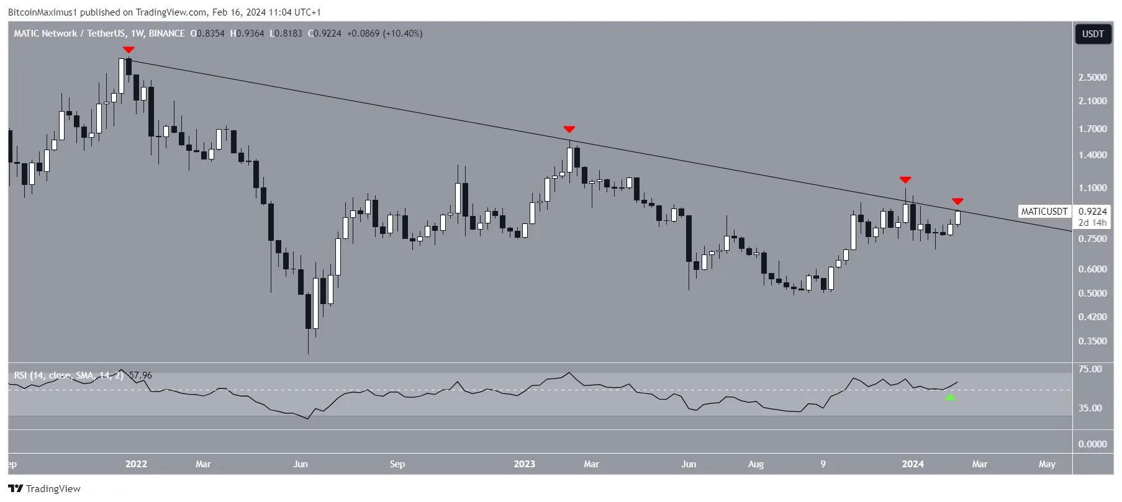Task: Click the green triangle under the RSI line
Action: tap(950, 397)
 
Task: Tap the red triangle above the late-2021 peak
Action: tap(129, 50)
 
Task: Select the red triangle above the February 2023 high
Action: tap(569, 129)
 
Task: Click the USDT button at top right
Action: tap(1093, 34)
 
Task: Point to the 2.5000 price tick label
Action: tap(1092, 78)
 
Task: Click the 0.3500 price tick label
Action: tap(1092, 341)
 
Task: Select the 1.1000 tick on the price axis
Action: tap(1092, 188)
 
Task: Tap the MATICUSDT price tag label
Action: tap(1044, 212)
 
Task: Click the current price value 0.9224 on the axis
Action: tap(1092, 212)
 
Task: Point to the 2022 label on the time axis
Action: tap(136, 464)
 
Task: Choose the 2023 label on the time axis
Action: tap(524, 464)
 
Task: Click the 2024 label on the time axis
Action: tap(913, 464)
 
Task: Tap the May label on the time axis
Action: tap(1047, 464)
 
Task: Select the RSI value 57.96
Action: tap(140, 375)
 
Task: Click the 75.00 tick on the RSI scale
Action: tap(1090, 369)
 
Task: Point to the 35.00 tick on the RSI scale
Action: tap(1090, 408)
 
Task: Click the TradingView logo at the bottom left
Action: tap(45, 489)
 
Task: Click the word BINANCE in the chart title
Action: tap(166, 34)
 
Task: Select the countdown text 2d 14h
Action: tap(1092, 223)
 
